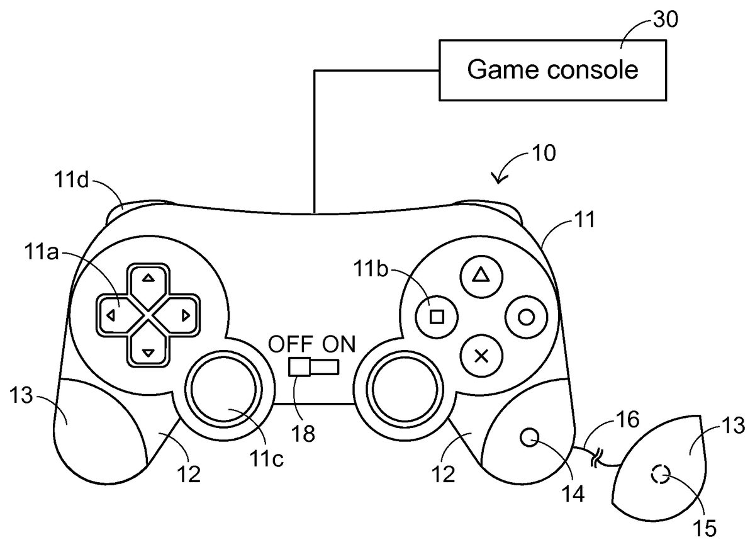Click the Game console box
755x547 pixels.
552,70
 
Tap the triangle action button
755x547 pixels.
481,275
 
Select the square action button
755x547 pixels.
437,316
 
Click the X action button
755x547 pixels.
481,356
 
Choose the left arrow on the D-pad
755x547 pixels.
109,316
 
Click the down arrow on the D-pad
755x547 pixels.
148,353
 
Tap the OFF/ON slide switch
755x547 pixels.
313,366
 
